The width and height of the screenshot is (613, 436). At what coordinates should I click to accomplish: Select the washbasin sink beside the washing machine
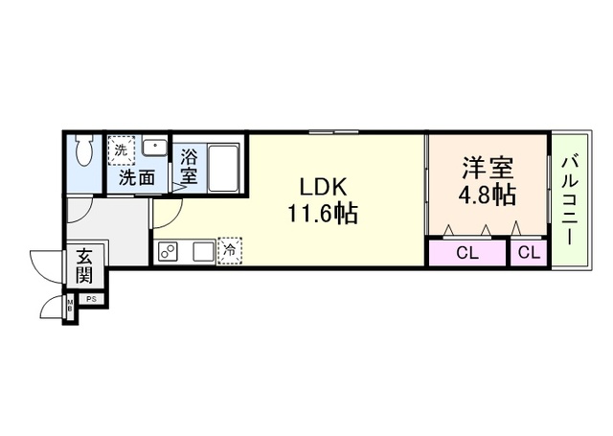(x=154, y=148)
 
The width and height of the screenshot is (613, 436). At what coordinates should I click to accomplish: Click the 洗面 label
(x=136, y=177)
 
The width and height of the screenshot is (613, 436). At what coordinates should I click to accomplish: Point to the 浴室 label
(x=189, y=165)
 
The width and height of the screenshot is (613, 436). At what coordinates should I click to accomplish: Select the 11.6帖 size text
(x=322, y=213)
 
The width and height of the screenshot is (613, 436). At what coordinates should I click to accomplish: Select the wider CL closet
(x=466, y=253)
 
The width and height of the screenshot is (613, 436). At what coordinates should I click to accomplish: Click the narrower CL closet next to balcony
(x=528, y=253)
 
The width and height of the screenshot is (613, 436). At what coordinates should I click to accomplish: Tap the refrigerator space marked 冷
(x=230, y=251)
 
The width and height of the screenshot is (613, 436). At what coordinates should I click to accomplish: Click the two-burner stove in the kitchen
(x=170, y=252)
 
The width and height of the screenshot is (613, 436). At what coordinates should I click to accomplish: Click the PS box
(x=92, y=300)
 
